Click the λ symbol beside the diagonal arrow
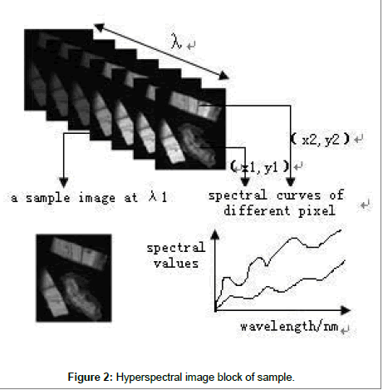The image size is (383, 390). click(176, 41)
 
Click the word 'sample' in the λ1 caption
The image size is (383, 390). click(48, 198)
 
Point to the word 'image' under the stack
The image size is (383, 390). click(96, 198)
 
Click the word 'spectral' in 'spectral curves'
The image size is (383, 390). click(238, 195)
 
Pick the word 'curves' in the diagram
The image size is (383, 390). click(298, 195)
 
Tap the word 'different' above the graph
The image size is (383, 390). click(257, 210)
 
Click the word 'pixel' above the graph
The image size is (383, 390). click(317, 211)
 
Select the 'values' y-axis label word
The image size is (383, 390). click(176, 263)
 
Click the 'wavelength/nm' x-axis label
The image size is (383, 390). click(289, 326)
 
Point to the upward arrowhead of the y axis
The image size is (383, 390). click(215, 235)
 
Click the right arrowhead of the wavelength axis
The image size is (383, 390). click(345, 310)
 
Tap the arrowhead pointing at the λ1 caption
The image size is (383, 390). click(64, 183)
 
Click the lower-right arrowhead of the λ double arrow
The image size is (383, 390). click(223, 76)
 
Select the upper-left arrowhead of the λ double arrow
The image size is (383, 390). click(99, 27)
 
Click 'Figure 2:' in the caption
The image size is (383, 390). click(91, 378)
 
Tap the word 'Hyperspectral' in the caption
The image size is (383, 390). click(149, 378)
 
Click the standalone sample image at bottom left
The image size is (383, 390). click(74, 278)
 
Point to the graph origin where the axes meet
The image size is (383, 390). click(215, 310)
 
